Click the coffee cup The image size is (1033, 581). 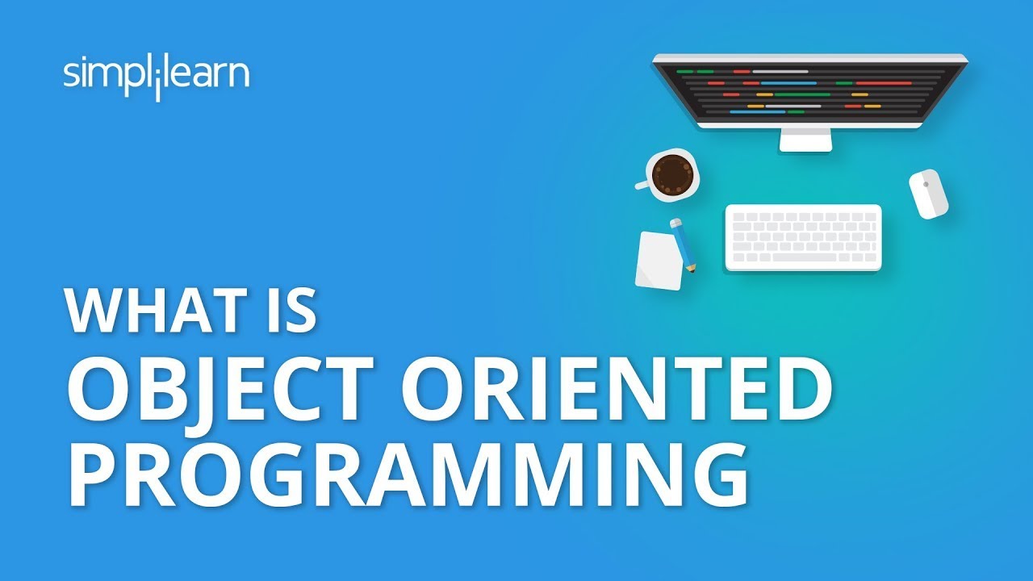672,174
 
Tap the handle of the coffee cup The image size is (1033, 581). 642,185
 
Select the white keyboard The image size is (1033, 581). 803,237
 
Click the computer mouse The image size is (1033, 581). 928,194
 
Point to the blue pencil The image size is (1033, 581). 683,244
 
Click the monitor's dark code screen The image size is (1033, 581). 809,91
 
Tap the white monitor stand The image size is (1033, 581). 805,140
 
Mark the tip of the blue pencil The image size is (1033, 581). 692,269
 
